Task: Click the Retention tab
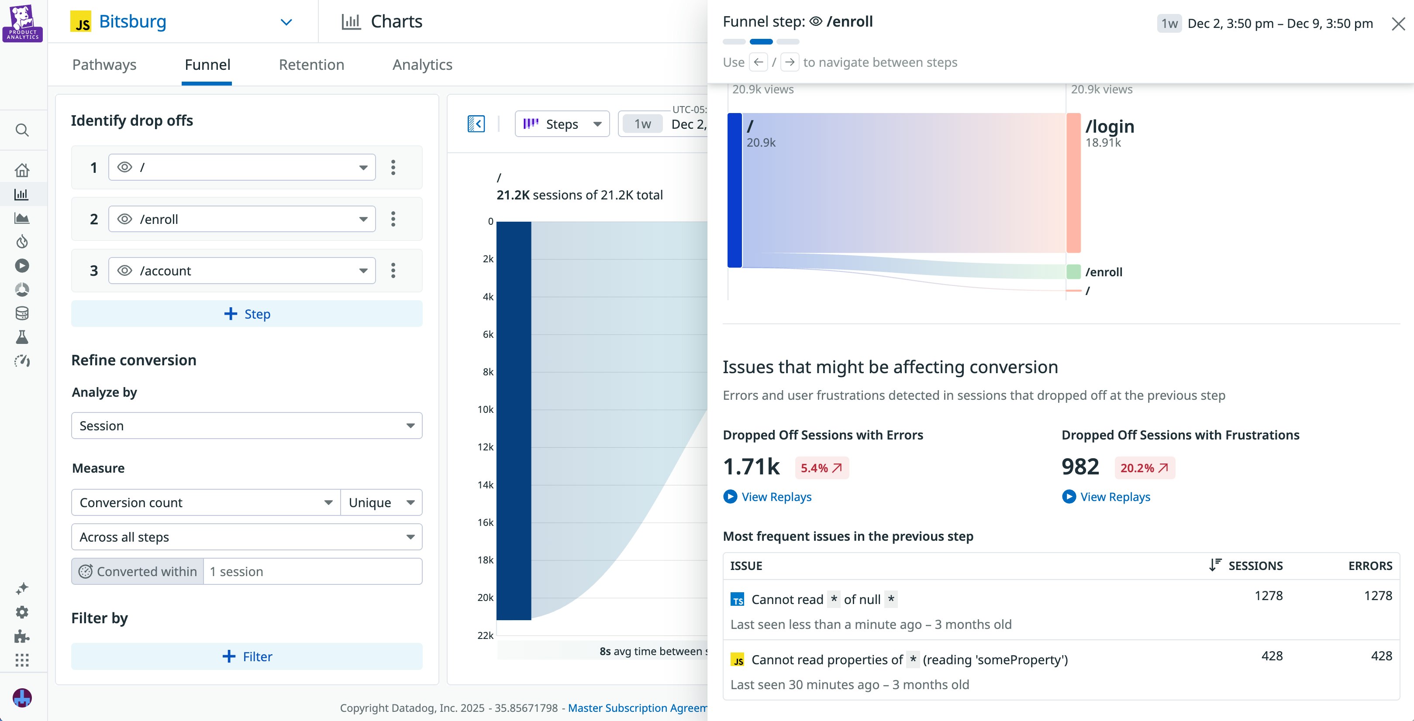[x=311, y=65]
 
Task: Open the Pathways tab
[x=104, y=65]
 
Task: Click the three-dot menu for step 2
[x=393, y=219]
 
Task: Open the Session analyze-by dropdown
[x=246, y=426]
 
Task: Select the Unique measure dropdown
[x=381, y=503]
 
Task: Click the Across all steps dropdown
[x=246, y=537]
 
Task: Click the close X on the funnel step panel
[x=1398, y=24]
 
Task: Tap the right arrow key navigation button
[x=790, y=62]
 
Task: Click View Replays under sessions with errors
[x=776, y=497]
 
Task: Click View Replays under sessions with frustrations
[x=1114, y=497]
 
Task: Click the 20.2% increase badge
[x=1144, y=468]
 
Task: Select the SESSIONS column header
[x=1254, y=566]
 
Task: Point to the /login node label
[x=1109, y=127]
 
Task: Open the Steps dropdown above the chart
[x=562, y=124]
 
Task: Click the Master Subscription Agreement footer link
[x=637, y=708]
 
